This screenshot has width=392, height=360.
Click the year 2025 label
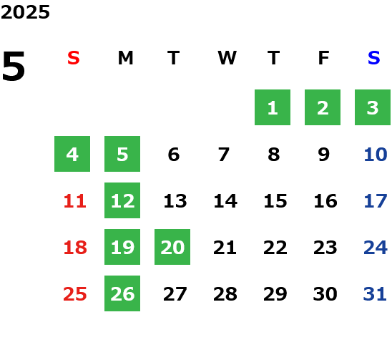[25, 12]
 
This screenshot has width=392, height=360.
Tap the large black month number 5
[14, 66]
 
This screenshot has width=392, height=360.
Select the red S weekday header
[74, 58]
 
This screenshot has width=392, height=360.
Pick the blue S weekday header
[374, 58]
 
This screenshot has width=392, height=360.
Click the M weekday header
[125, 58]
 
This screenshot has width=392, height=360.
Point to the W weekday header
[227, 58]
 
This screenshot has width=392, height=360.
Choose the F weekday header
[324, 58]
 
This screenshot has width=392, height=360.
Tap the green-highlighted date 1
[273, 107]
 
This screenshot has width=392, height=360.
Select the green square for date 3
[373, 107]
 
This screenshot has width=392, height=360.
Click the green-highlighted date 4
[72, 154]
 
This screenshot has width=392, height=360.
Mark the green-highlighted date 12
[122, 200]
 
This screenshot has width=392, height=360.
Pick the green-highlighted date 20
[172, 247]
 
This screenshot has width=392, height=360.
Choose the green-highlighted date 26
[122, 293]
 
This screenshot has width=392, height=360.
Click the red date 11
[75, 201]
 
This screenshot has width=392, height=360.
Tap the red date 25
[75, 294]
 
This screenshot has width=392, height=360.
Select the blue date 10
[376, 155]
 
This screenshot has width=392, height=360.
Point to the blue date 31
[375, 294]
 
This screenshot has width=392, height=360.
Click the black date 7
[224, 155]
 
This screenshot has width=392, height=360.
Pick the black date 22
[275, 248]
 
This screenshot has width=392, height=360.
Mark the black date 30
[325, 294]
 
